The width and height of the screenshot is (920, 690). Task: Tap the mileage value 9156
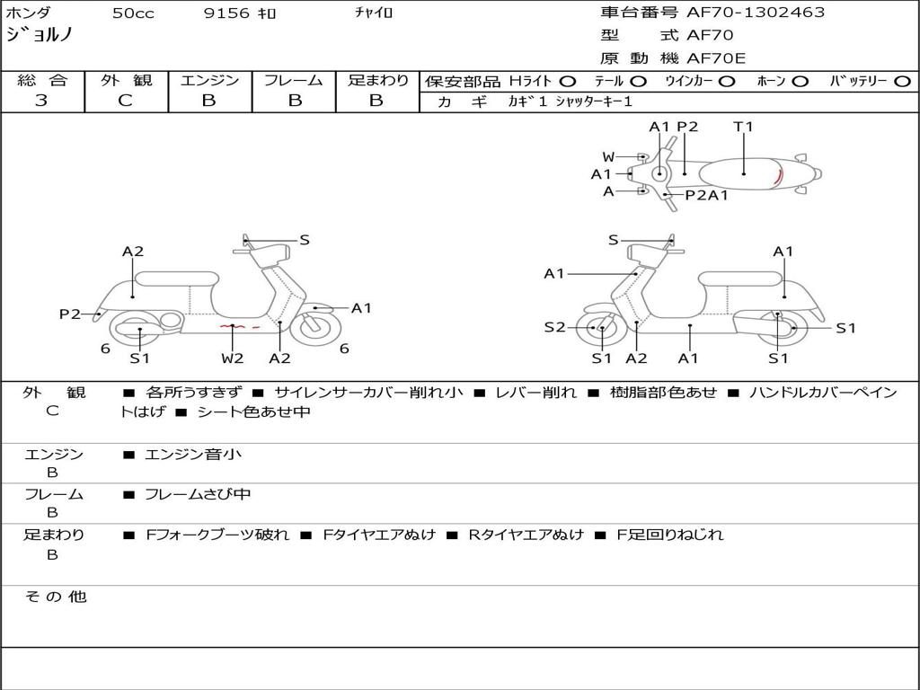pos(227,13)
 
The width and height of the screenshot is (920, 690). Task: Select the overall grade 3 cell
pos(41,101)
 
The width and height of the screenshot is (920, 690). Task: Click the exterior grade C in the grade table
pos(126,101)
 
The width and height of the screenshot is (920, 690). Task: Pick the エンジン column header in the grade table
pos(209,81)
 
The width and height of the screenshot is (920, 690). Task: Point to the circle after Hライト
pos(568,82)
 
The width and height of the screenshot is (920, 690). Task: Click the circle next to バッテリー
pos(903,82)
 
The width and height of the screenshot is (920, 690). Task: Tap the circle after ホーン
pos(801,82)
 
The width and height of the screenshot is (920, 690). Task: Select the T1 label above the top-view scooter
pos(743,127)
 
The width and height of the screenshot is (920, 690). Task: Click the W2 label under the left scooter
pos(233,358)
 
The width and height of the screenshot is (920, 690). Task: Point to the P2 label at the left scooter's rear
pos(70,314)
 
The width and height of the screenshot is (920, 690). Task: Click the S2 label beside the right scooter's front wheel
pos(554,327)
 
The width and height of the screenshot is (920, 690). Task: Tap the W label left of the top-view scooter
pos(608,157)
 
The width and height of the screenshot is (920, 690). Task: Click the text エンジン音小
pos(193,455)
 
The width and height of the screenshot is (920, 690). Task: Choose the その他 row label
pos(55,597)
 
